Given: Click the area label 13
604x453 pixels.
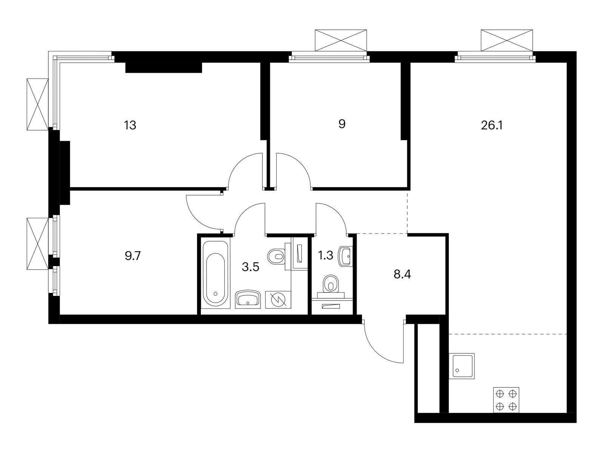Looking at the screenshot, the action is click(x=130, y=125).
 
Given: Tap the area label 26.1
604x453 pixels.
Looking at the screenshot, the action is click(x=492, y=125).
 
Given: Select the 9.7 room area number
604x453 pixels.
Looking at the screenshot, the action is click(x=133, y=256).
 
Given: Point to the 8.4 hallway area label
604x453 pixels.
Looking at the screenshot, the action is click(x=402, y=274).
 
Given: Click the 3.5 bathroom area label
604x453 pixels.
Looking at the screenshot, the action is click(x=250, y=267).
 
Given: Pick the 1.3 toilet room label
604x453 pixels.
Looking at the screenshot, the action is click(x=325, y=256).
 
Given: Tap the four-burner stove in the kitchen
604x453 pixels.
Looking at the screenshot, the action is click(x=506, y=400).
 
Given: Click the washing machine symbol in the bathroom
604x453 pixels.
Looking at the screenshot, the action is click(x=278, y=299).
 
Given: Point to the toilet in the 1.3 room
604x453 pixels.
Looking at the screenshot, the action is click(x=331, y=286).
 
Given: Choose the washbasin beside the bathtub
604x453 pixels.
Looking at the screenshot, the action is click(x=248, y=299).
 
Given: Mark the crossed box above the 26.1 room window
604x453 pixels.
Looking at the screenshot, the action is click(x=507, y=40).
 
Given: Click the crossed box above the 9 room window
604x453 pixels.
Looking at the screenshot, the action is click(x=341, y=40).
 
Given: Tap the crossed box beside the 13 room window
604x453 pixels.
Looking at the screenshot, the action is click(x=38, y=104).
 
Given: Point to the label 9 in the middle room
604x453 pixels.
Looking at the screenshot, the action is click(x=342, y=124).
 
